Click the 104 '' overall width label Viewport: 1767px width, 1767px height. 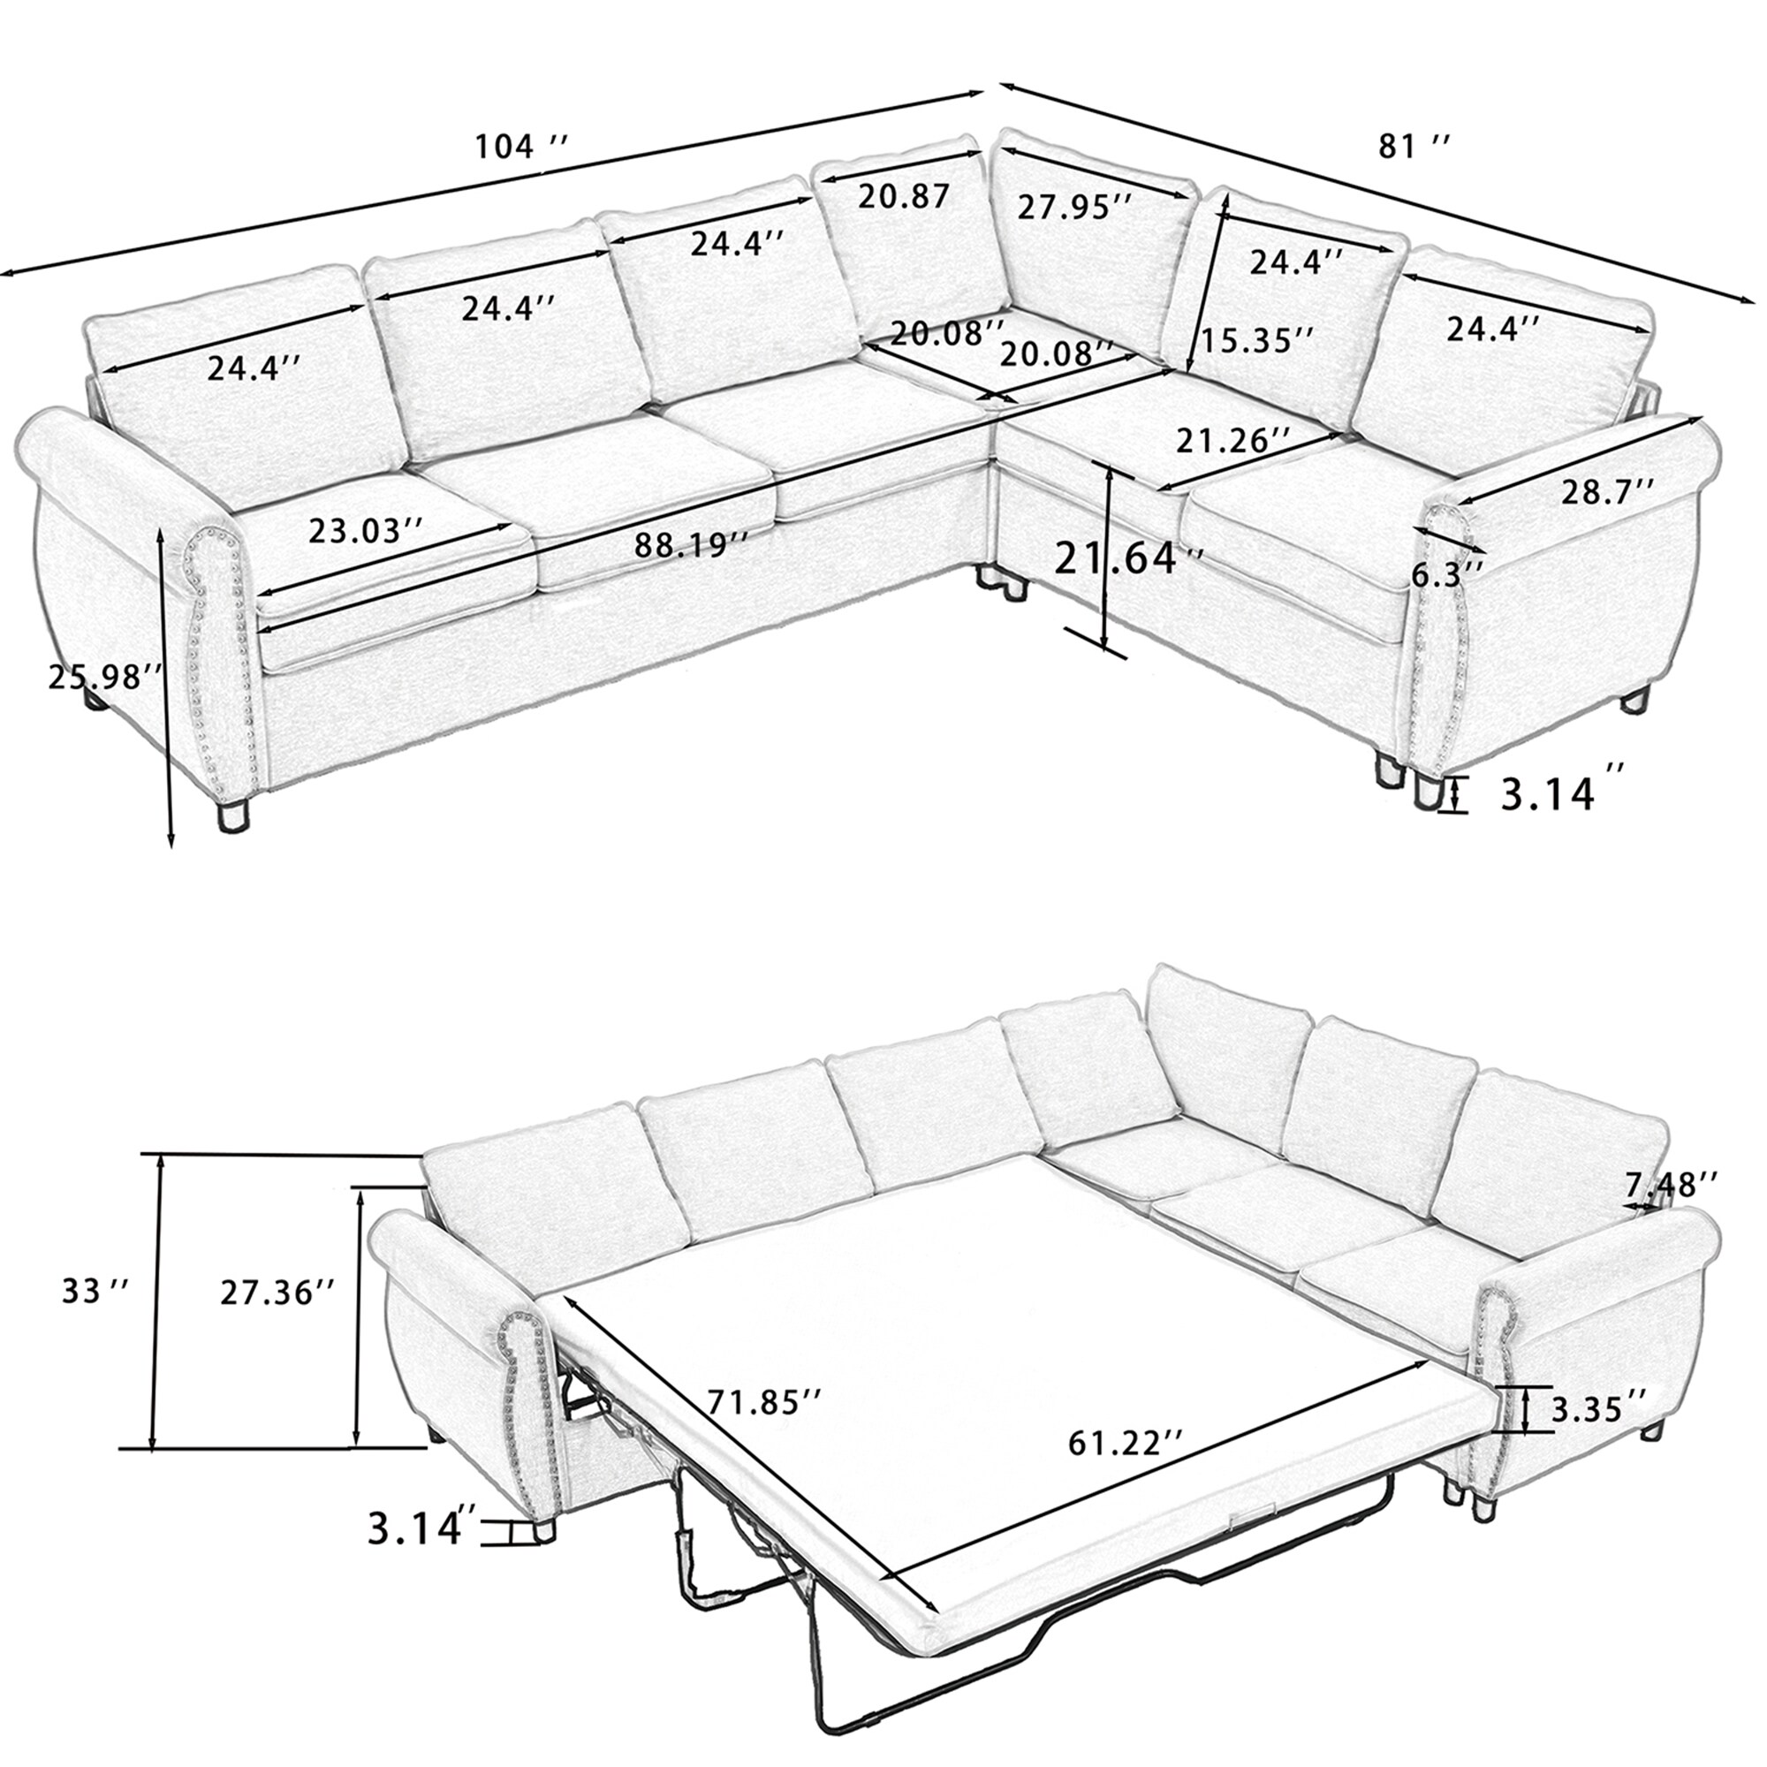click(x=522, y=146)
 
